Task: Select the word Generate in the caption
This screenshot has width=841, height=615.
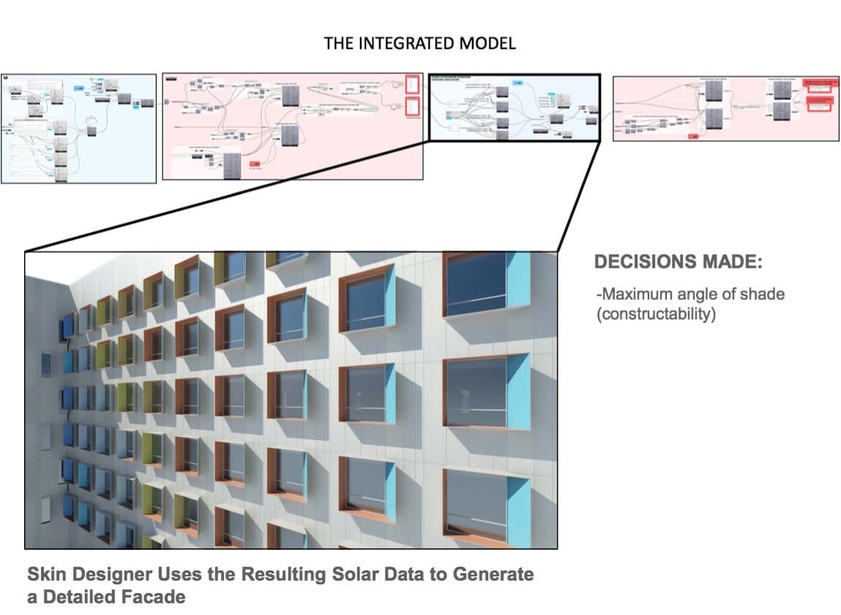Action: tap(493, 574)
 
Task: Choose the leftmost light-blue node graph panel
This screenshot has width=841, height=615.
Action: tap(78, 128)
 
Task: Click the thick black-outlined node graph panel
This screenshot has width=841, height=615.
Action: tap(514, 107)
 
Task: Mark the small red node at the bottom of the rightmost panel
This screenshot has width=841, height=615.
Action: tap(693, 135)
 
